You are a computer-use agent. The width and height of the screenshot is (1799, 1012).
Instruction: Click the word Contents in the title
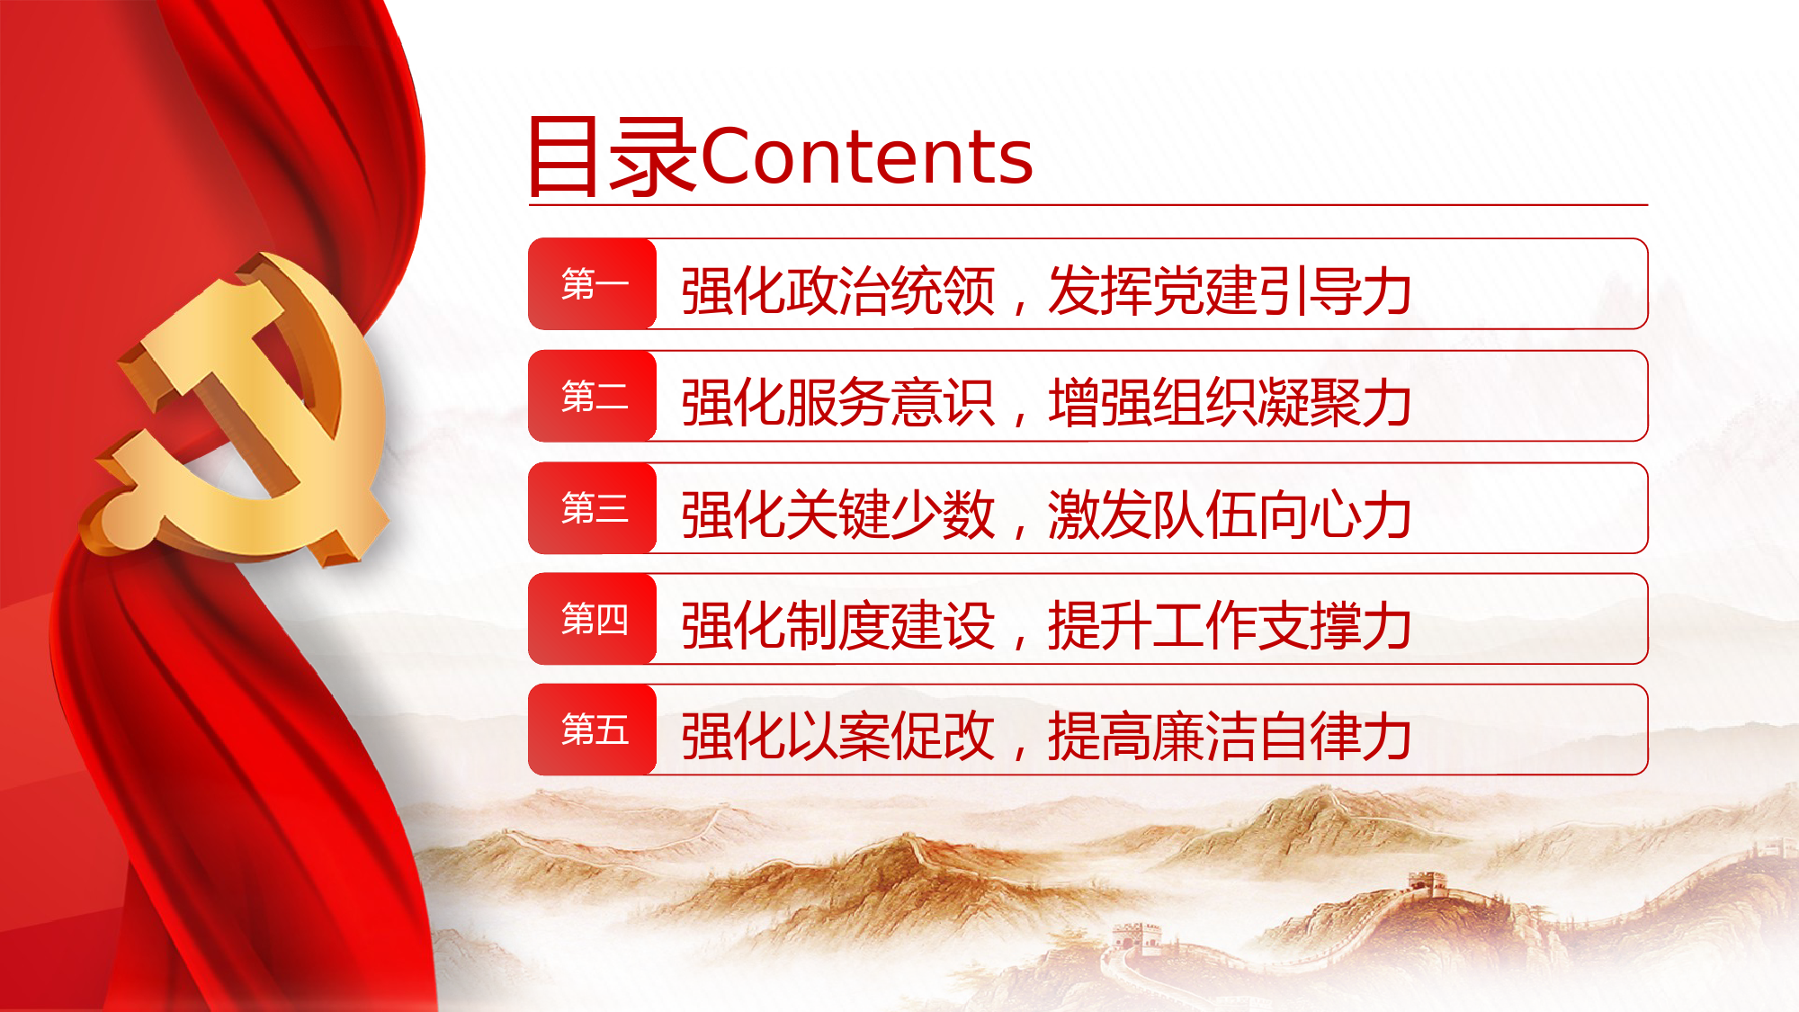coord(867,157)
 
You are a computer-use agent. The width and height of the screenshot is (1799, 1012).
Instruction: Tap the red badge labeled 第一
coord(593,284)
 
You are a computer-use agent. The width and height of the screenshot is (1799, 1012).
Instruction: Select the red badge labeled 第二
coord(593,396)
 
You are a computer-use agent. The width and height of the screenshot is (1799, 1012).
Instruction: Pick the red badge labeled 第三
coord(593,508)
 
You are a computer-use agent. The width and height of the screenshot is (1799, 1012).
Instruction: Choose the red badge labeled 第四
coord(593,619)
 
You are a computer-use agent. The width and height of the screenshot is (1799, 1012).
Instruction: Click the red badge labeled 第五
coord(593,730)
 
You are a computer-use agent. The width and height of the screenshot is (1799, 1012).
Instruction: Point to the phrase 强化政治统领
coord(838,291)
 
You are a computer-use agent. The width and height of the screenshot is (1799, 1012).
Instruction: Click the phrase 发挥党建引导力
coord(1230,291)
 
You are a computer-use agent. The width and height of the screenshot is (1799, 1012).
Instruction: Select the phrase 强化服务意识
coord(838,402)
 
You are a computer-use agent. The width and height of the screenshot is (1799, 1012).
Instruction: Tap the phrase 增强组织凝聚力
coord(1230,402)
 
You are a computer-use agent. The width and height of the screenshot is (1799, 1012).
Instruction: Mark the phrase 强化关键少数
coord(838,515)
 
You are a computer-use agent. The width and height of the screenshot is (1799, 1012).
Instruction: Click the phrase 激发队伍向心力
coord(1230,515)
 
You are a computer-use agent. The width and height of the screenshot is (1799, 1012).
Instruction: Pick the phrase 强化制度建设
coord(838,625)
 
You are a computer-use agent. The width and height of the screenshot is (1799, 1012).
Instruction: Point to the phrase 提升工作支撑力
coord(1230,625)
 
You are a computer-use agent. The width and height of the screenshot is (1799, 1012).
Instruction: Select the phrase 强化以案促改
coord(838,736)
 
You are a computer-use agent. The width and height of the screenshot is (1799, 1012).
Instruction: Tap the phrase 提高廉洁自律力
coord(1230,736)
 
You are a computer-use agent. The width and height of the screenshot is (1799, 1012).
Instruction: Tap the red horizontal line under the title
coord(1088,205)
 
